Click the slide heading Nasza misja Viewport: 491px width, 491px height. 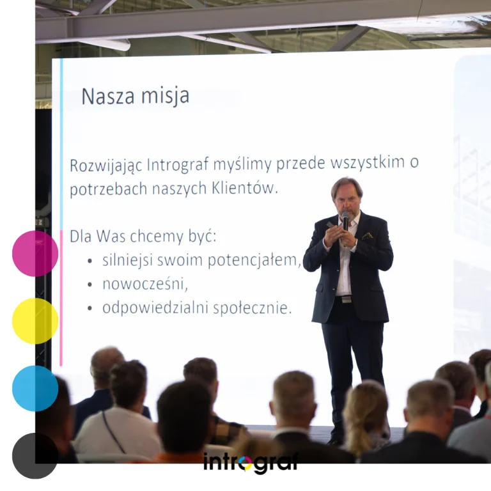point(136,96)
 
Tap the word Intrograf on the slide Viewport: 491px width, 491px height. point(178,165)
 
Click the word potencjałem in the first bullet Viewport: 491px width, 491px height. point(254,260)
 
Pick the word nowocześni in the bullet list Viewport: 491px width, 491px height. point(145,284)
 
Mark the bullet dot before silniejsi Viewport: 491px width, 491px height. point(90,261)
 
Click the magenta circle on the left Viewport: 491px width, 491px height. point(35,253)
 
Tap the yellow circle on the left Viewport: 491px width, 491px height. point(35,321)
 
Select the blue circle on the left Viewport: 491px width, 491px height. point(35,388)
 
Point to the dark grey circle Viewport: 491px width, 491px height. point(35,456)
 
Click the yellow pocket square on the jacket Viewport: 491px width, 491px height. point(367,236)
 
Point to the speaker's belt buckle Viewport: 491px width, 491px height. point(346,299)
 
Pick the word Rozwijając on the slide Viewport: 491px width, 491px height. point(106,166)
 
